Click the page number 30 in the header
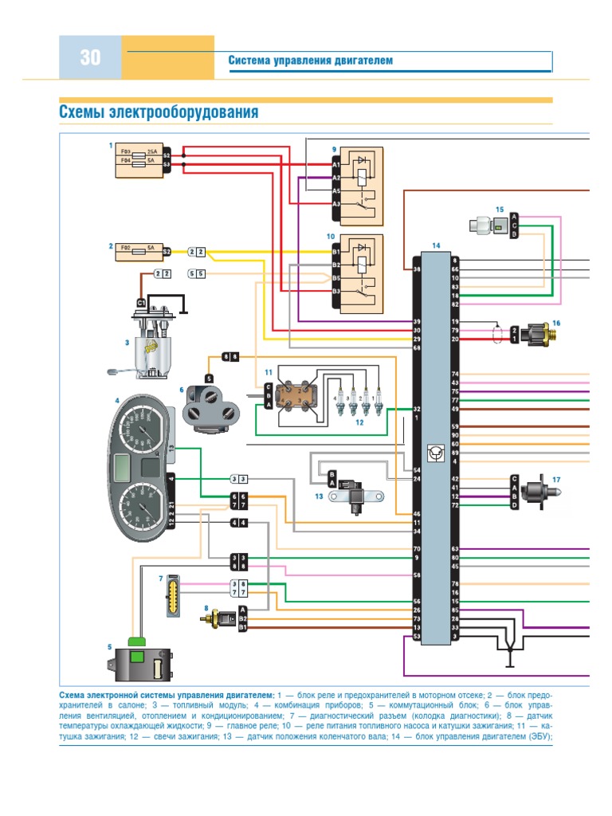pyautogui.click(x=90, y=57)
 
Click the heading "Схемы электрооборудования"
pyautogui.click(x=159, y=112)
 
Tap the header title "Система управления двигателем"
pyautogui.click(x=311, y=61)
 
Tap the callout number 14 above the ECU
pyautogui.click(x=435, y=245)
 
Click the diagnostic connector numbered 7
pyautogui.click(x=172, y=595)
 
